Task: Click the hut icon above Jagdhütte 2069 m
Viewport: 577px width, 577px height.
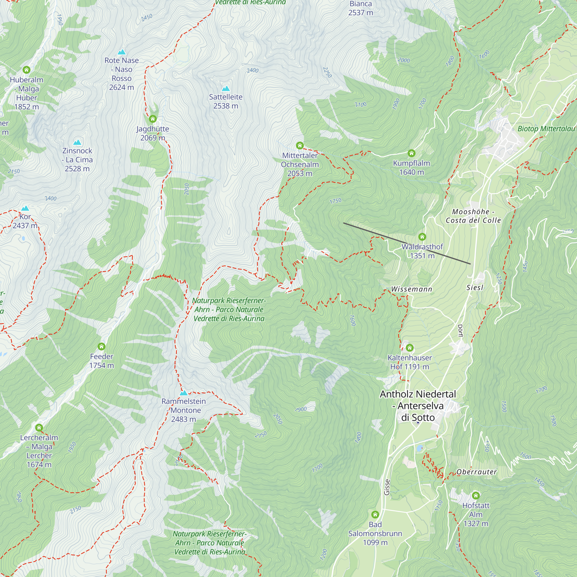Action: [x=153, y=119]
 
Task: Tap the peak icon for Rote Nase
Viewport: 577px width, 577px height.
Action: [x=121, y=52]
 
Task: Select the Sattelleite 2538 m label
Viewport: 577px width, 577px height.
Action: [x=226, y=101]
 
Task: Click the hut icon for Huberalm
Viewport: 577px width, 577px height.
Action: [x=27, y=70]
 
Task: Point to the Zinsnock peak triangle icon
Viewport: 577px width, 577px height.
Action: [x=77, y=142]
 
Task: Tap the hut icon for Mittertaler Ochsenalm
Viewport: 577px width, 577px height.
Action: [x=299, y=145]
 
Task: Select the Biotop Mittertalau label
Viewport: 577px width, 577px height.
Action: [x=546, y=129]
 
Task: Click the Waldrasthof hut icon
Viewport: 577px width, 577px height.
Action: [x=422, y=237]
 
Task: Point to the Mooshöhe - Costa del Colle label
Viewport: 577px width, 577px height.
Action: [x=473, y=216]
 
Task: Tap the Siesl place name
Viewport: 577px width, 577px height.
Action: [x=475, y=288]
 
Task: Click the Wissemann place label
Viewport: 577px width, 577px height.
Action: [x=412, y=289]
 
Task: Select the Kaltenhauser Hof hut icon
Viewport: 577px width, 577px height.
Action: [x=409, y=348]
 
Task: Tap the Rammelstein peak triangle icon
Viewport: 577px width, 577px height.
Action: [x=184, y=393]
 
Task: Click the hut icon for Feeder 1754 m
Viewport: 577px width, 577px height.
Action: [x=102, y=346]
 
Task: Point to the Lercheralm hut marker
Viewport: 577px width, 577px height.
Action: [x=39, y=428]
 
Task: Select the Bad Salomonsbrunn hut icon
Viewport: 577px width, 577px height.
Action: [x=375, y=514]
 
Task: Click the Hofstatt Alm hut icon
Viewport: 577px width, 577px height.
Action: [x=475, y=495]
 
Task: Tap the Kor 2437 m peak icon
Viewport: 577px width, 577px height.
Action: [x=25, y=208]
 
